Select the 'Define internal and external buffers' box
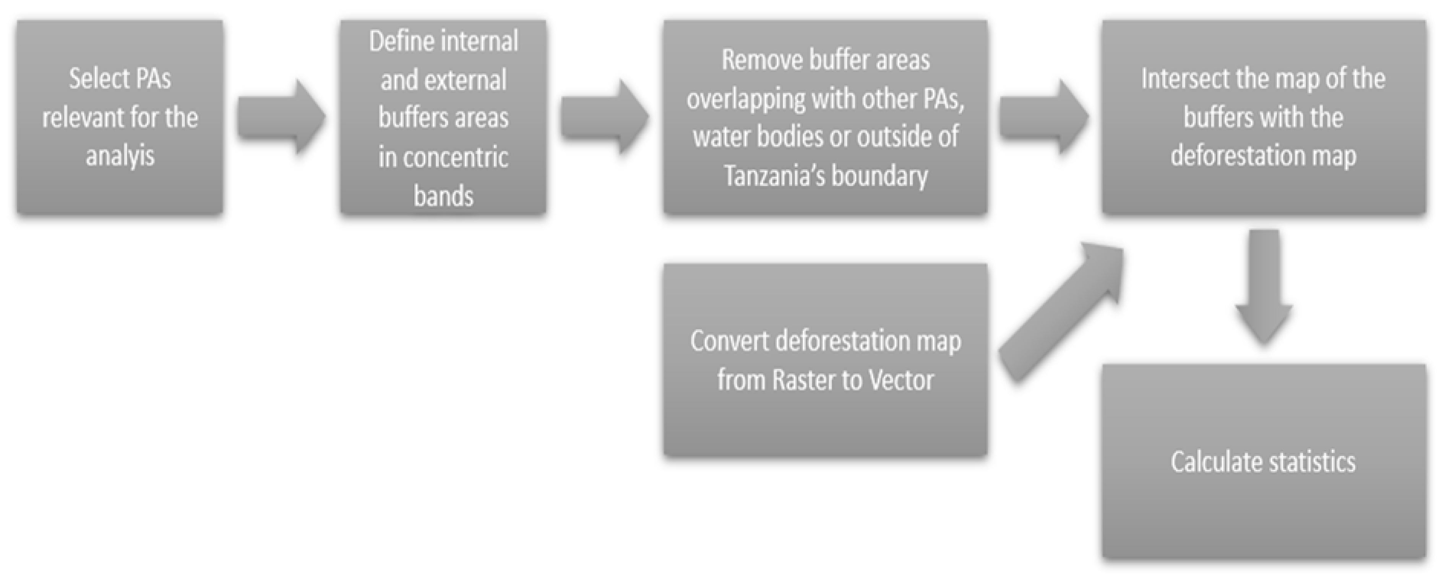pyautogui.click(x=443, y=117)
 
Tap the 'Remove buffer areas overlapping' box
pyautogui.click(x=825, y=117)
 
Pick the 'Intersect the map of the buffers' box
pyautogui.click(x=1264, y=117)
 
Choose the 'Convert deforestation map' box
pyautogui.click(x=825, y=360)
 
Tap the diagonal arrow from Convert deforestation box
pyautogui.click(x=1059, y=314)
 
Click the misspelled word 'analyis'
pyautogui.click(x=120, y=156)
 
